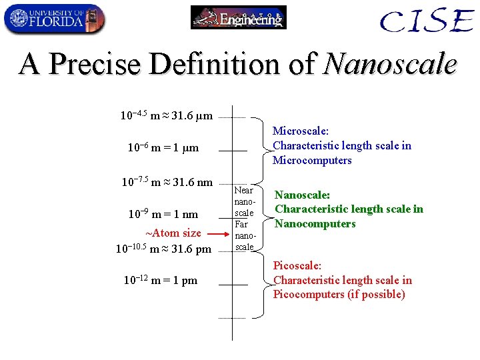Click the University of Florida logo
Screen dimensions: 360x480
tap(54, 19)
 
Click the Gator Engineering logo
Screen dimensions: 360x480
tap(239, 17)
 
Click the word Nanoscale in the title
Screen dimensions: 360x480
tap(390, 65)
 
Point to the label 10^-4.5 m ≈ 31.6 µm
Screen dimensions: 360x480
tap(166, 116)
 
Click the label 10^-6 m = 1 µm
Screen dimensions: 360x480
tap(163, 148)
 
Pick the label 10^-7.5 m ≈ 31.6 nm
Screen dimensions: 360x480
tap(167, 182)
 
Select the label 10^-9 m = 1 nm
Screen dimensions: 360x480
tap(163, 214)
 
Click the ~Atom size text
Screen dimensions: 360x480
tap(173, 233)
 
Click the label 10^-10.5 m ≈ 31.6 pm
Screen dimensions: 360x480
tap(163, 249)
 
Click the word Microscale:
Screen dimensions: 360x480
tap(301, 131)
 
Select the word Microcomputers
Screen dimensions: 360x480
tap(312, 160)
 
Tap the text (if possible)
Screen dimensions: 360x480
tap(377, 294)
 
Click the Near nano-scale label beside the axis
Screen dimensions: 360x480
tap(244, 201)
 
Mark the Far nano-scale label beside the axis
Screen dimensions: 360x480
tap(244, 236)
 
